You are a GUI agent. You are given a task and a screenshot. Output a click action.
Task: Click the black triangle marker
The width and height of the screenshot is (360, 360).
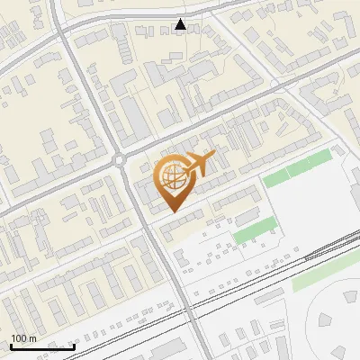coord(181,25)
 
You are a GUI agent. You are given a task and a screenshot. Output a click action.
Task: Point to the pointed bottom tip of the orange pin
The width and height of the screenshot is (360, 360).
coord(172,212)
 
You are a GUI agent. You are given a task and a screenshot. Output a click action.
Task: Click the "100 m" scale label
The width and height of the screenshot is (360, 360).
coord(23,339)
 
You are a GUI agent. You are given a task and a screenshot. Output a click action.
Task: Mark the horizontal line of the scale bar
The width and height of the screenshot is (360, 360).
coord(42,346)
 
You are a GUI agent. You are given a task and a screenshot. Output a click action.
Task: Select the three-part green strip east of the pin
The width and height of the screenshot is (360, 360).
coord(298,169)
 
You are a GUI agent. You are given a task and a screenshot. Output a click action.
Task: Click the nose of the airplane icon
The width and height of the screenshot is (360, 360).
coord(214,157)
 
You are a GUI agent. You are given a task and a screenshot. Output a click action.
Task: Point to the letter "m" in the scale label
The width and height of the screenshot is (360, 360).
coord(32,339)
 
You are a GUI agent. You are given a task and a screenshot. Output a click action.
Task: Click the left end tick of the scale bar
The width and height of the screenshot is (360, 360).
coord(11,346)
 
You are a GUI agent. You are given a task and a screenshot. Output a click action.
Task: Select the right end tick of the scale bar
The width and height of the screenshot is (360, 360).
coord(74,346)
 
